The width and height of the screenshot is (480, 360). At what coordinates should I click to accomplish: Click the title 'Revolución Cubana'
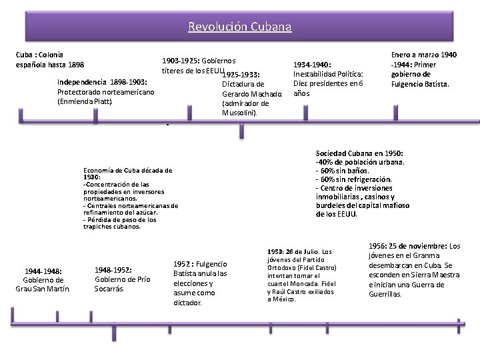(x=239, y=27)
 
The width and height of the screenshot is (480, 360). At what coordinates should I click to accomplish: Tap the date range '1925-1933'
(x=241, y=74)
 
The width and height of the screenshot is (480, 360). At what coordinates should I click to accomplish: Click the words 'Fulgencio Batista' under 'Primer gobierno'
(x=420, y=85)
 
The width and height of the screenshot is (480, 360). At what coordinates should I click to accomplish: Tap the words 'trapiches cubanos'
(x=111, y=227)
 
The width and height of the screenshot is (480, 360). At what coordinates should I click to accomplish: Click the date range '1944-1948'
(x=43, y=271)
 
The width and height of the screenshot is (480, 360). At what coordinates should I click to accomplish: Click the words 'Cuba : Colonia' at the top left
(x=39, y=53)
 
